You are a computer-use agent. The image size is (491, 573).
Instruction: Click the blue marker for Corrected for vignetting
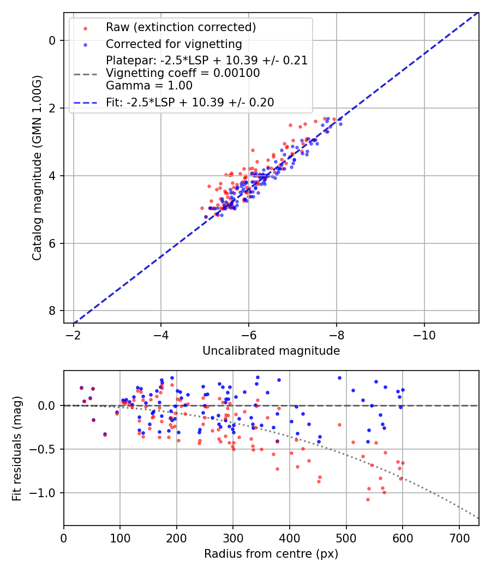pos(85,44)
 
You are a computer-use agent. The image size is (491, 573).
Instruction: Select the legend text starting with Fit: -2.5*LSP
pos(190,102)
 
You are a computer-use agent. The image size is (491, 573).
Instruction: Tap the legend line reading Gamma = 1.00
pos(149,85)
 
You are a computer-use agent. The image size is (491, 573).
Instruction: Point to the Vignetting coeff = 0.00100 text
pos(183,73)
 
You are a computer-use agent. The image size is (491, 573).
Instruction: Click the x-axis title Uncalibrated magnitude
pos(271,351)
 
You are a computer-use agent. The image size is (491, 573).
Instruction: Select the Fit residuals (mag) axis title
pos(17,448)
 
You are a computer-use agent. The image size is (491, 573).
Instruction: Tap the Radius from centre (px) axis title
pos(271,554)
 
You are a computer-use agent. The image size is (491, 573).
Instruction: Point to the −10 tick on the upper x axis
pos(424,335)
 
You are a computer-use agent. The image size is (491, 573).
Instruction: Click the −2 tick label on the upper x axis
pos(74,335)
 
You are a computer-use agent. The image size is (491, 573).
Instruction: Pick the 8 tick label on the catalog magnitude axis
pos(52,311)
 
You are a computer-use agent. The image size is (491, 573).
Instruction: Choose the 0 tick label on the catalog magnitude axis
pos(52,40)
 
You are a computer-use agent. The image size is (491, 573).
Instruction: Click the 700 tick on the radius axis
pos(459,538)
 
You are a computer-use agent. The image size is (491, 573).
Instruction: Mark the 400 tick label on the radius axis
pos(290,538)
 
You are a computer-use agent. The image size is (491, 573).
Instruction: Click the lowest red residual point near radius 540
pos(368,499)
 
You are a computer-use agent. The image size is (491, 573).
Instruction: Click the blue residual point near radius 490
pos(339,378)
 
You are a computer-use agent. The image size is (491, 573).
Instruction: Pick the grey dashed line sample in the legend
pos(85,73)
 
